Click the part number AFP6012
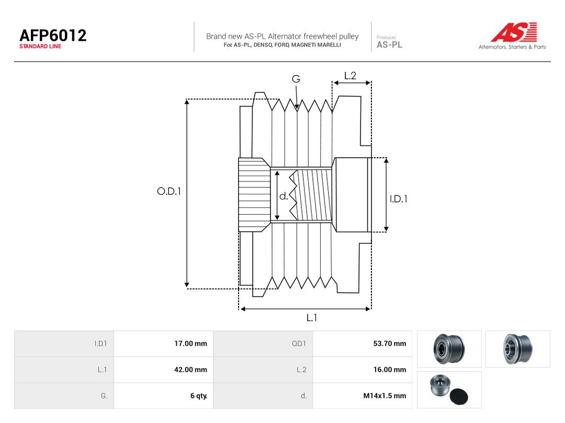(53, 36)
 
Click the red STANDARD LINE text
(40, 46)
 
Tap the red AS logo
(514, 32)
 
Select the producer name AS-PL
(390, 45)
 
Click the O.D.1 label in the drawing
(169, 191)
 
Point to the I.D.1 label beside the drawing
(399, 199)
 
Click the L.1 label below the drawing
(312, 318)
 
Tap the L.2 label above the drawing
(350, 76)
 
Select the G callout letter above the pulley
(296, 79)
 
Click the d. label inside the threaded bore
(284, 196)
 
